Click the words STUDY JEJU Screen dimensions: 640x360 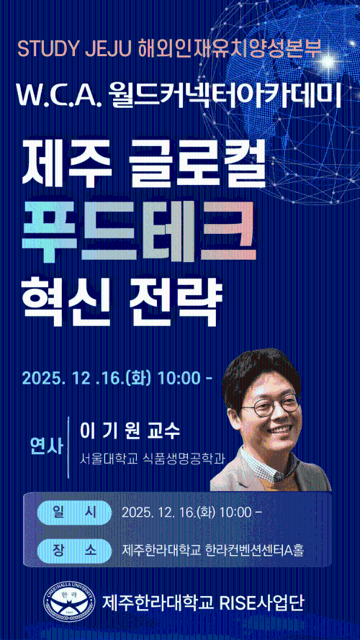point(71,50)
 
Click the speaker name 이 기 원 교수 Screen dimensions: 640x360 point(130,431)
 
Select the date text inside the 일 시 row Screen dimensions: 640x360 point(192,513)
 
